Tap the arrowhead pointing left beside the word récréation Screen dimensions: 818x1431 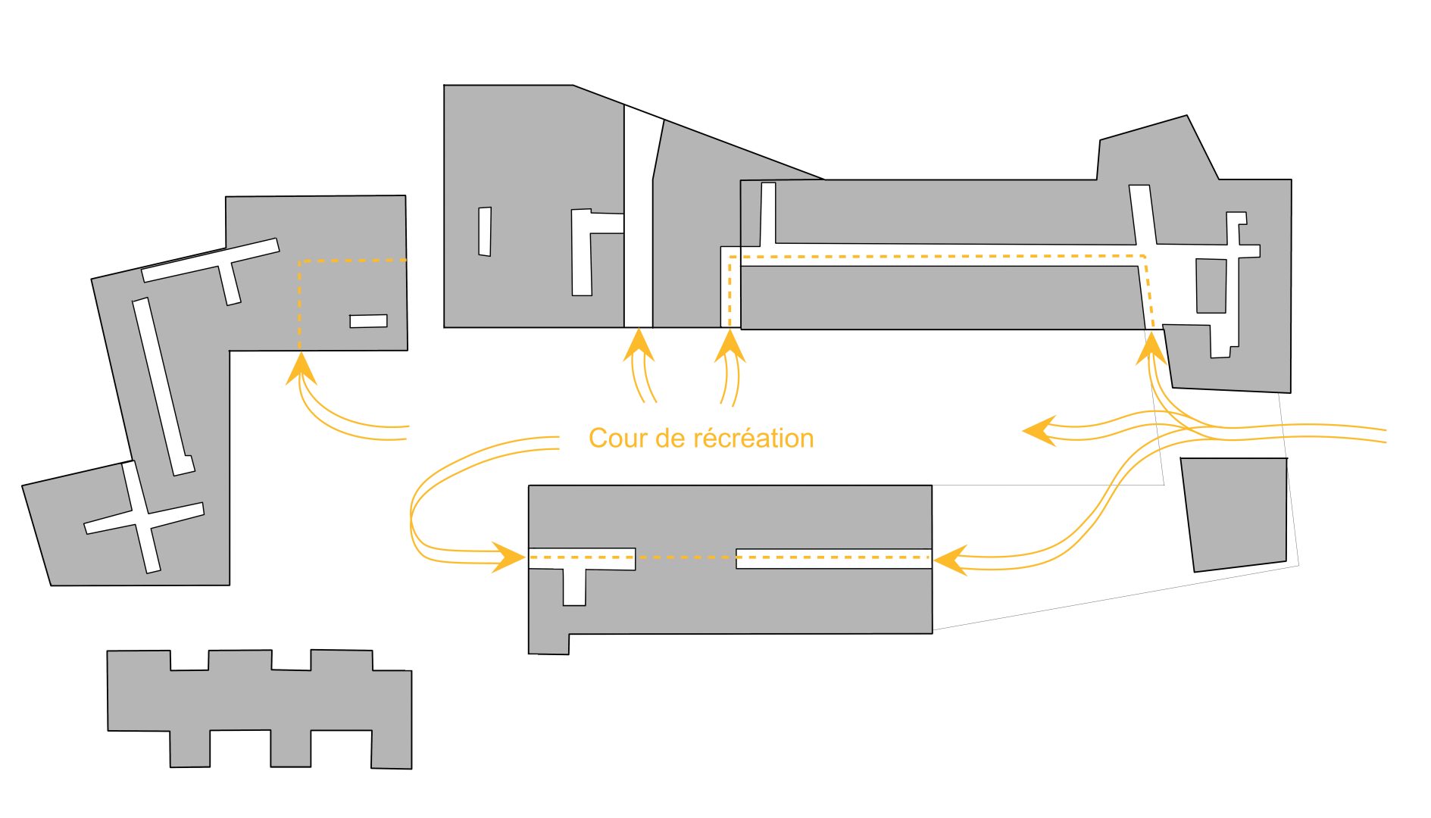[x=1039, y=431]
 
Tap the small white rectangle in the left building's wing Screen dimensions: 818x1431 [x=368, y=321]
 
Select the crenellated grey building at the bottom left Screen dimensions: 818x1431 [x=260, y=708]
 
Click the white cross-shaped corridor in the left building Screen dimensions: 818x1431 [x=144, y=519]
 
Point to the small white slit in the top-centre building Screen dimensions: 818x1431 [x=485, y=231]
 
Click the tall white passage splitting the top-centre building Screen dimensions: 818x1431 [x=638, y=227]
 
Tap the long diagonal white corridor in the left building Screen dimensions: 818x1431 [x=162, y=386]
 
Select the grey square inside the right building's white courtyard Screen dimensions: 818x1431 [x=1211, y=286]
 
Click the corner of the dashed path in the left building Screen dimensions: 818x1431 [x=300, y=262]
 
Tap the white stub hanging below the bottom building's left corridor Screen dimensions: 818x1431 [x=574, y=588]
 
